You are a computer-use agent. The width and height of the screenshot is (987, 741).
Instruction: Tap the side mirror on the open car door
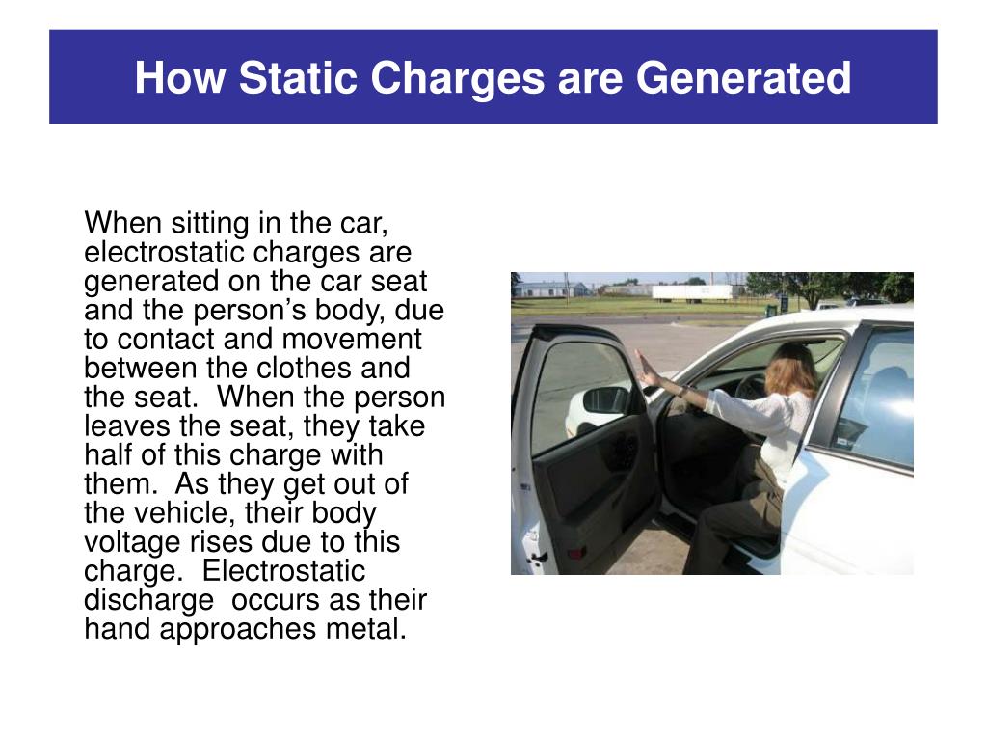tap(605, 399)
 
